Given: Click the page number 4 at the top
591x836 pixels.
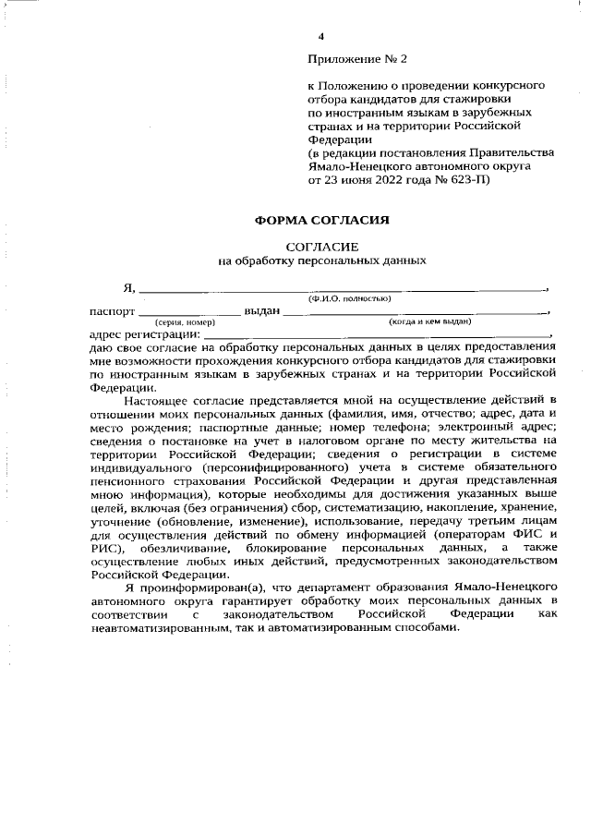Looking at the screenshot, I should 320,36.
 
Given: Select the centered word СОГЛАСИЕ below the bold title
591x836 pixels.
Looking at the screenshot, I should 321,247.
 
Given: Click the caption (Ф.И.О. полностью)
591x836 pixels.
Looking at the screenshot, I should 349,298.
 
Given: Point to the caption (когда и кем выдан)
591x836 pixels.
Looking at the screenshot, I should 430,322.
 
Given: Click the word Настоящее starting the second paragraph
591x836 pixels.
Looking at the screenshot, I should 153,399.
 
